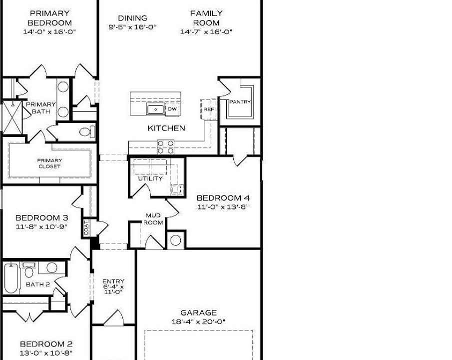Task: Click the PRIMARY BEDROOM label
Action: point(49,18)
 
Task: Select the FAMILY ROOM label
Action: point(206,18)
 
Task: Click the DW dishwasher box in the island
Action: point(172,109)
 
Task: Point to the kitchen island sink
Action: point(155,109)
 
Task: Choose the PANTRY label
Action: point(240,102)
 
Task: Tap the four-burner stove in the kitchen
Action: point(166,146)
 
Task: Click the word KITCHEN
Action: point(166,128)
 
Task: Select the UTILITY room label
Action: point(150,178)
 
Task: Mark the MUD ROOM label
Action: point(153,219)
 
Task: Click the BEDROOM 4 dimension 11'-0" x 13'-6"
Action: point(223,206)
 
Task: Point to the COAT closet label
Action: point(86,228)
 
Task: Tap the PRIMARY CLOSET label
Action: point(49,163)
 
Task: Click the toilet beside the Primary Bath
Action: point(86,132)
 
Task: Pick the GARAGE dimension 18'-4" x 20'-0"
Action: point(199,321)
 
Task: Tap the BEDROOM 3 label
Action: point(41,217)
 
